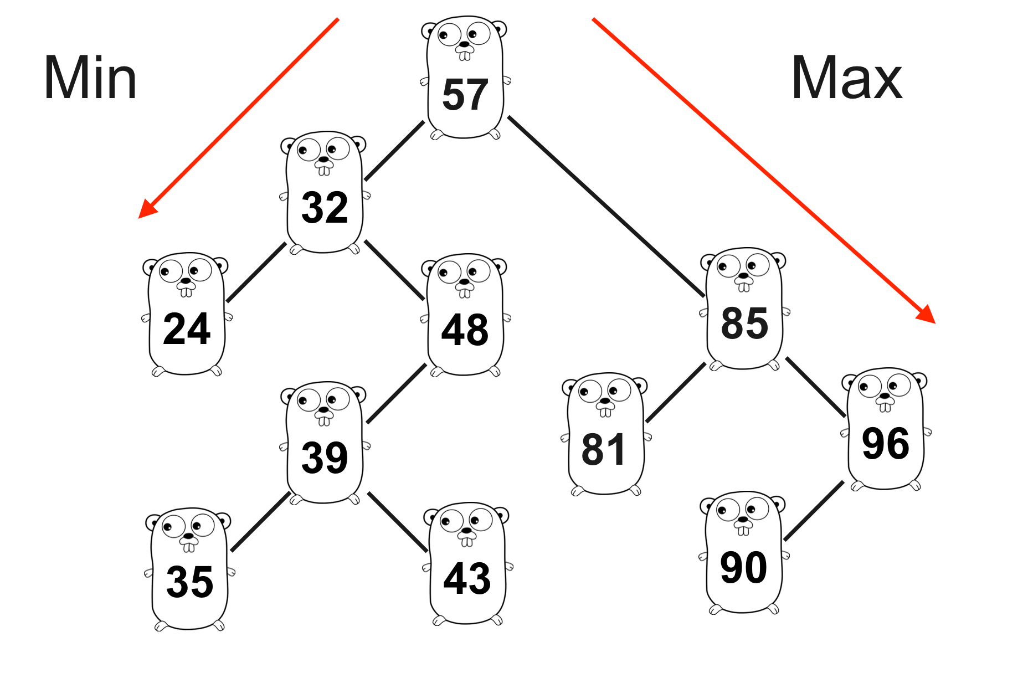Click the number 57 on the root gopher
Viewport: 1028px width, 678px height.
465,95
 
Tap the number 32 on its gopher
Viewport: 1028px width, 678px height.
325,208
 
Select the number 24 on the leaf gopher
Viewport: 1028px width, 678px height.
187,329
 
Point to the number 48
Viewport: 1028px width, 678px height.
465,330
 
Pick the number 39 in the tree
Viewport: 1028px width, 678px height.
325,458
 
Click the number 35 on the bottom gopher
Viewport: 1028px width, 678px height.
189,582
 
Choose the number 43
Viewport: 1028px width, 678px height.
467,579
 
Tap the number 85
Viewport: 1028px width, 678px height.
744,323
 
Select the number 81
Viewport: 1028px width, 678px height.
604,449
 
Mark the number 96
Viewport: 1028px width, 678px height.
885,444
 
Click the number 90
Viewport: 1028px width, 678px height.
743,568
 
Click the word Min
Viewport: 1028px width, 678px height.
90,78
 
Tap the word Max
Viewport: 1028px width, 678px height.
847,78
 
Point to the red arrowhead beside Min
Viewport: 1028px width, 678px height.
146,209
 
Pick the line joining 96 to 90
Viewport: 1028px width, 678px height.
814,511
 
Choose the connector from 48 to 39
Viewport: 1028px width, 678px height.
397,393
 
